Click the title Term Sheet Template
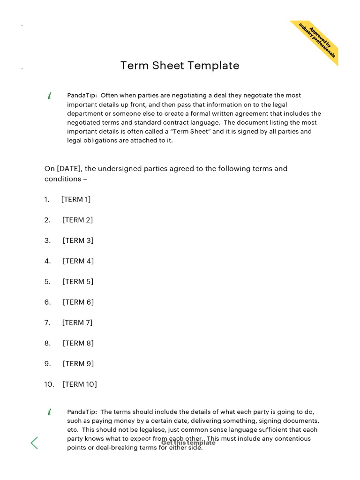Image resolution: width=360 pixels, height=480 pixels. coord(180,66)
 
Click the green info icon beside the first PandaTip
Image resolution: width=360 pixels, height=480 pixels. coord(49,96)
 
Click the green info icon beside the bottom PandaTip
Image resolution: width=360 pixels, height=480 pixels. coord(49,412)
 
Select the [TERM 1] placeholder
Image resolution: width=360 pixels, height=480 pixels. coord(76,200)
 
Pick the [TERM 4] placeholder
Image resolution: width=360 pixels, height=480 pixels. coord(78,261)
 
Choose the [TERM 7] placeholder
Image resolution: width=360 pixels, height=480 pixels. coord(77,322)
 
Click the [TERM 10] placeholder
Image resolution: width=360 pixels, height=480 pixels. coord(80,384)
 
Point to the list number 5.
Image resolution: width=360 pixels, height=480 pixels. coord(47,282)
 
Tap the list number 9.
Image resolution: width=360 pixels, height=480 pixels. coord(47,364)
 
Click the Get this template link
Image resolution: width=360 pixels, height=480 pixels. coord(188,442)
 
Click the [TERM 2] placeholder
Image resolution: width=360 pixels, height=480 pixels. coord(78,220)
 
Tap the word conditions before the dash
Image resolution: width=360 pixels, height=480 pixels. coord(63,179)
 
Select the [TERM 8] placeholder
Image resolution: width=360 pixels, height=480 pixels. coord(78,343)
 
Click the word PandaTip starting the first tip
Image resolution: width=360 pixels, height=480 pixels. coord(82,96)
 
